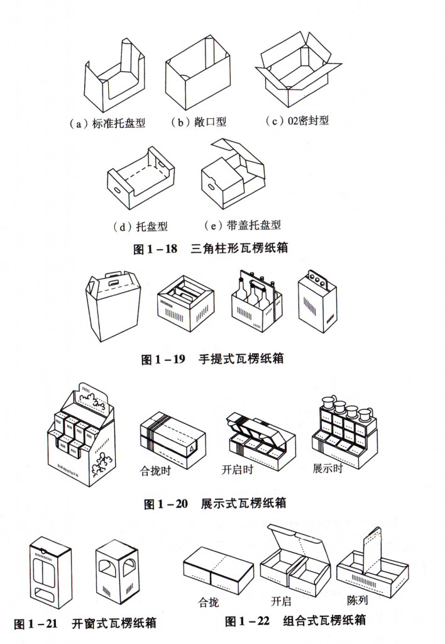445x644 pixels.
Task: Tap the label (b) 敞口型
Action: pos(198,123)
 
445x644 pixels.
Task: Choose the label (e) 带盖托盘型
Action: pos(243,225)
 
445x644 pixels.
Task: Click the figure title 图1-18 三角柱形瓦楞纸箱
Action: pos(211,248)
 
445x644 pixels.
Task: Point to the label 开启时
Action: pos(238,469)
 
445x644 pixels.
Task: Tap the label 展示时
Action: pos(327,469)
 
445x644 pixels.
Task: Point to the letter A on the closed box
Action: pos(191,449)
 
